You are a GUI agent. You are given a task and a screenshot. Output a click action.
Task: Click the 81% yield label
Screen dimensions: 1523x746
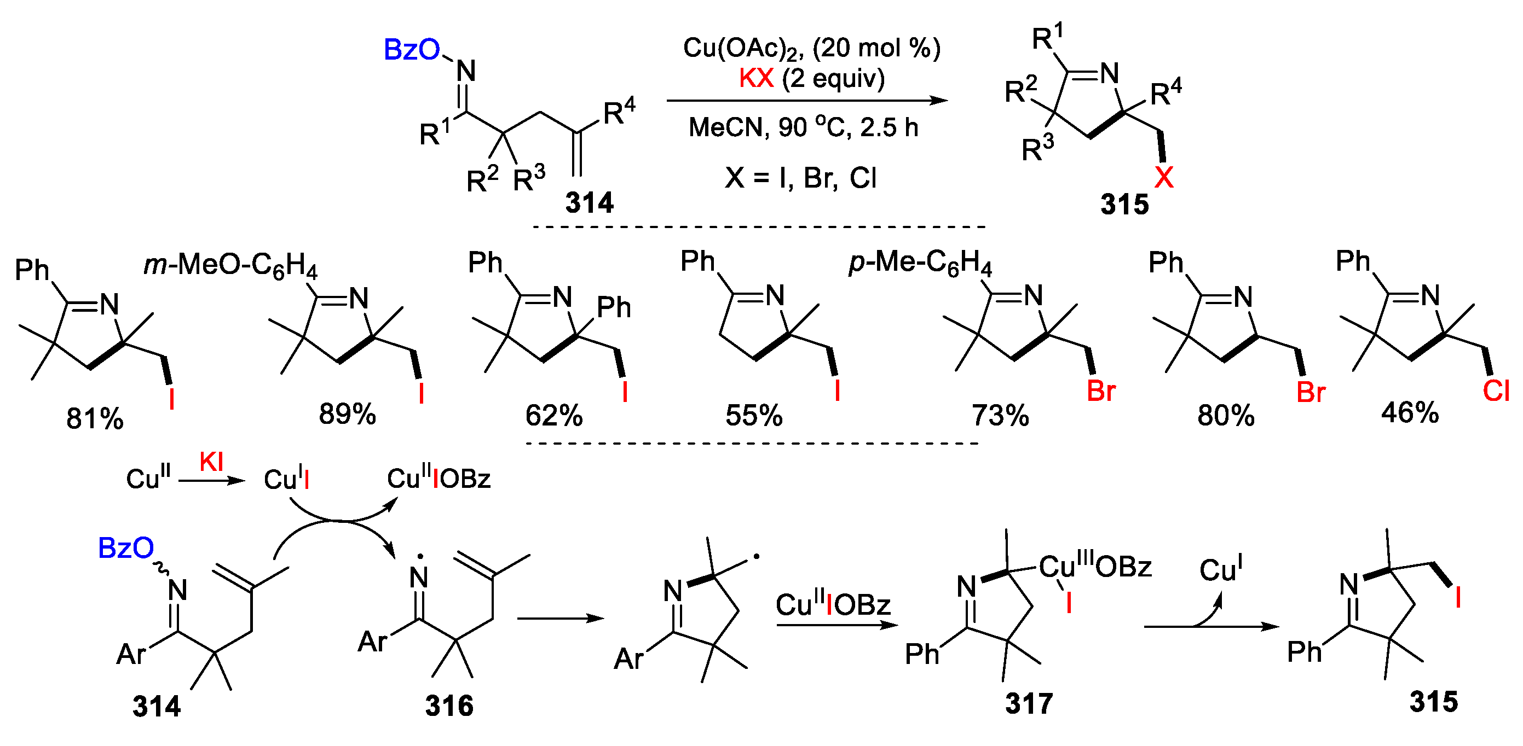click(95, 418)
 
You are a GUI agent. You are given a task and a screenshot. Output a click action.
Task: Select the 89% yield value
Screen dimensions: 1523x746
click(347, 413)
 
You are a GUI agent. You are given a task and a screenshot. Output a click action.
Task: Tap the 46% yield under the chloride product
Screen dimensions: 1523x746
click(1410, 412)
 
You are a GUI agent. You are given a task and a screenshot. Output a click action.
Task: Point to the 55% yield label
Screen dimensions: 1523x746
click(754, 415)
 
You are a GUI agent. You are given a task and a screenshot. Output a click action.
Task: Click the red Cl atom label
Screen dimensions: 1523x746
click(1496, 391)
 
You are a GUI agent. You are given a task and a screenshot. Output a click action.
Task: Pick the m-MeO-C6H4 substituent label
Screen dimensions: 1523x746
click(230, 265)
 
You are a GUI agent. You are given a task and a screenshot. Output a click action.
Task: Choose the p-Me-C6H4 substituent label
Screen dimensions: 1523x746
click(920, 263)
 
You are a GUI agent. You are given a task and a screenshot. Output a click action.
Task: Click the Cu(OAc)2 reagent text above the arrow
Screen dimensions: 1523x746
click(742, 49)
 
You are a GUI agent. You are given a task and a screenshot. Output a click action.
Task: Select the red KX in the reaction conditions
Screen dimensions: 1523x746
click(756, 78)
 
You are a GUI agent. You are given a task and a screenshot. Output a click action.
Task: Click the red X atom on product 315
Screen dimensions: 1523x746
click(1163, 177)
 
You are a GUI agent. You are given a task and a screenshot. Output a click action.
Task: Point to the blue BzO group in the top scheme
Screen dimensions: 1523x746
click(412, 50)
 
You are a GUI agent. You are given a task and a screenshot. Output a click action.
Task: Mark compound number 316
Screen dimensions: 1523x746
click(449, 706)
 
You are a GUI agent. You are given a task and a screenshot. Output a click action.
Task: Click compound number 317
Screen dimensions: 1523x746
click(1029, 703)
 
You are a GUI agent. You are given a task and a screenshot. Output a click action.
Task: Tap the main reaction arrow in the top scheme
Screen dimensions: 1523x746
click(806, 101)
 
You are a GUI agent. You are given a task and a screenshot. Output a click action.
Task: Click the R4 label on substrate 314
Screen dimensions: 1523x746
click(619, 112)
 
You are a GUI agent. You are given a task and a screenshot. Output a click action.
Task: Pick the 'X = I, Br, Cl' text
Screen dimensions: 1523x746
click(800, 177)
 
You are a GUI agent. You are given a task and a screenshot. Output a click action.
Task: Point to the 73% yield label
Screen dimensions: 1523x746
click(1000, 415)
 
